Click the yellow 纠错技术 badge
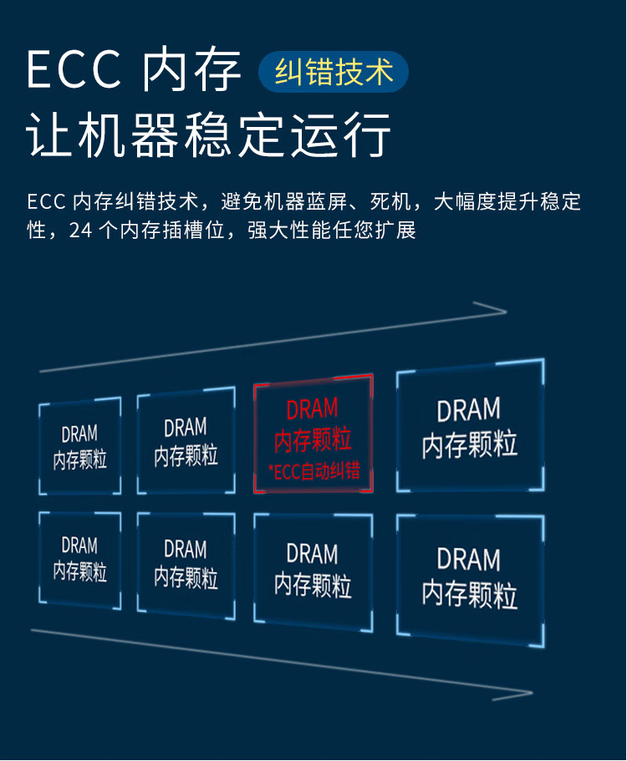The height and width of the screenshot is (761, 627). [x=334, y=72]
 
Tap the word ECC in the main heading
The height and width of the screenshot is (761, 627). [x=74, y=69]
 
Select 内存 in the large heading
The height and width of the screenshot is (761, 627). [x=191, y=69]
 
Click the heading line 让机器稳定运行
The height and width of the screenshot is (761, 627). [x=209, y=134]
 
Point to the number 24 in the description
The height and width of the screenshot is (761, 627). [x=80, y=231]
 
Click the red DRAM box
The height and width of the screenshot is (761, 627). [x=313, y=434]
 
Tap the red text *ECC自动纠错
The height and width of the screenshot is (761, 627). [x=314, y=471]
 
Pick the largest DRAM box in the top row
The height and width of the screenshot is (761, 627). [x=470, y=426]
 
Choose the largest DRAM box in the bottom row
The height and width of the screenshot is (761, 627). [x=470, y=581]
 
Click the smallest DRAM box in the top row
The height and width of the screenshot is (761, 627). [x=80, y=446]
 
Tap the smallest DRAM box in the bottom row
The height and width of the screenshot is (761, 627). [x=80, y=560]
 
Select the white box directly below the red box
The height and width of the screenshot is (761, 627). [x=313, y=573]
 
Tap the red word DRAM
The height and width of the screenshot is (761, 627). [x=313, y=409]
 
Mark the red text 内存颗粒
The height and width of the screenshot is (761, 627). [x=313, y=439]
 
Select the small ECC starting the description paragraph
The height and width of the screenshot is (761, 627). [x=46, y=202]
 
